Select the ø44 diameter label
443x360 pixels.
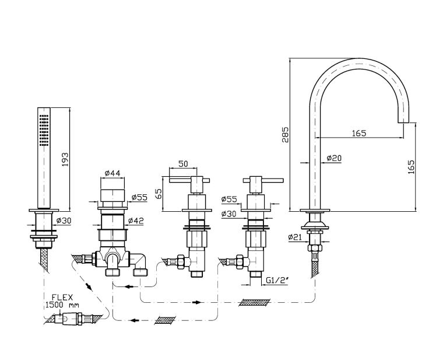pyautogui.click(x=112, y=173)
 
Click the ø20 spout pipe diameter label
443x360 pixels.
pyautogui.click(x=334, y=158)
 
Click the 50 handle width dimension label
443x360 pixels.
pyautogui.click(x=182, y=164)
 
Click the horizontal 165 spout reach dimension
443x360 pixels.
pyautogui.click(x=358, y=134)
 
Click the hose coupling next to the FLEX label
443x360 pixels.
pyautogui.click(x=75, y=319)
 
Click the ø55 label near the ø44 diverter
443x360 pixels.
pyautogui.click(x=138, y=197)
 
